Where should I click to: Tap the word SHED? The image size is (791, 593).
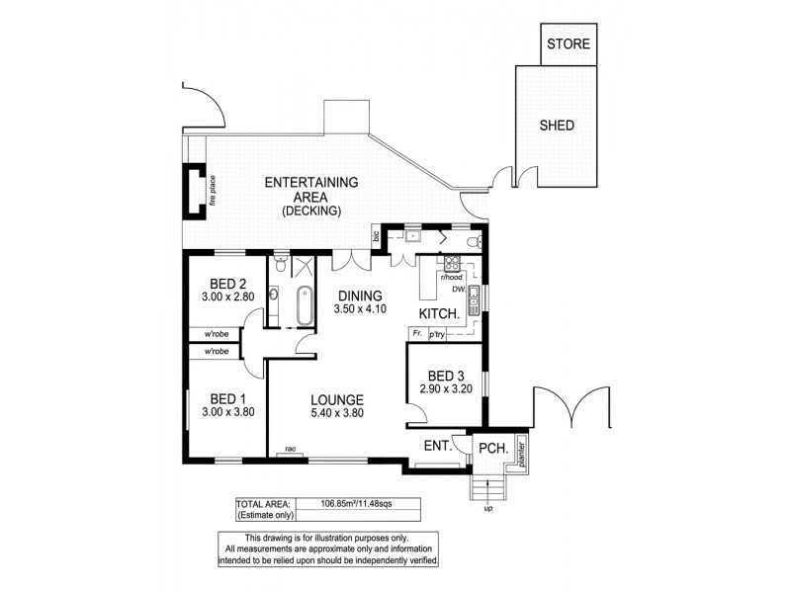click(x=556, y=126)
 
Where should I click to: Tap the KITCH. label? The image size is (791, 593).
click(x=440, y=313)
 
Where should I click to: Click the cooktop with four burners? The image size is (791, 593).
click(x=452, y=264)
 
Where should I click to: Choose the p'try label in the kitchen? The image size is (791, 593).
click(x=438, y=336)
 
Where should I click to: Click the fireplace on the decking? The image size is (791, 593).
click(x=191, y=189)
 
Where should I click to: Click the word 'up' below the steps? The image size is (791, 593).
click(x=486, y=509)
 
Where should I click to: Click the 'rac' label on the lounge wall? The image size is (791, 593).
click(x=291, y=450)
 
